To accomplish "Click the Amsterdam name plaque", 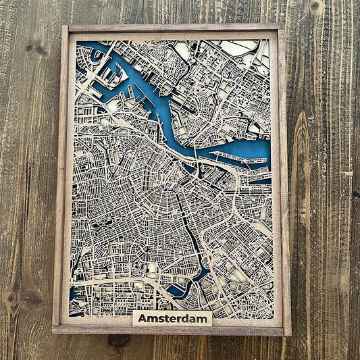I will point(172,318).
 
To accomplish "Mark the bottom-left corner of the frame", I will point(53,333).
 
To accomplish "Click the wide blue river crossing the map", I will point(162,108).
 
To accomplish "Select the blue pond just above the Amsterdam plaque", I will point(177,290).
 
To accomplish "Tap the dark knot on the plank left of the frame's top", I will point(31,49).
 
